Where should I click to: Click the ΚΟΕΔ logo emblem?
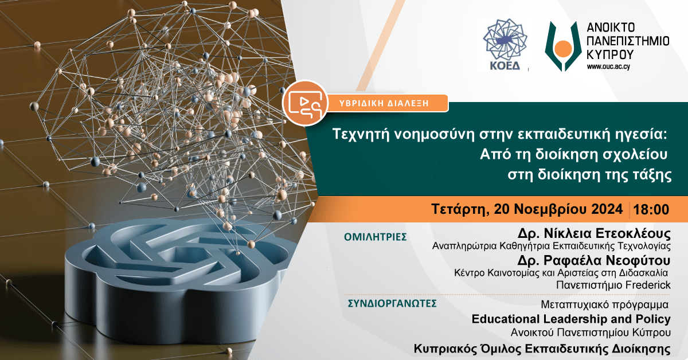tap(505, 40)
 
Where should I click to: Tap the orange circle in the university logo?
tap(563, 49)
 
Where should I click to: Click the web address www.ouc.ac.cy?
tap(608, 66)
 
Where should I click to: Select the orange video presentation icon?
tap(305, 103)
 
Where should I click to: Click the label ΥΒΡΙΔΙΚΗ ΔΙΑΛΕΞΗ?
tap(384, 103)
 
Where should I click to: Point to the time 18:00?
tap(651, 209)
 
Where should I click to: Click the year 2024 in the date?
tap(607, 209)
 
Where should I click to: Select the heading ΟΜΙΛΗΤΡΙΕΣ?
tap(376, 237)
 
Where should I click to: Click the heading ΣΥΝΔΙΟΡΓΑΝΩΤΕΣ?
tap(392, 303)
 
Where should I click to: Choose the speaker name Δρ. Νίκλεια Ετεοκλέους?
tap(594, 233)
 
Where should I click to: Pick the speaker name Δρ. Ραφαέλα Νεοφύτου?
tap(594, 260)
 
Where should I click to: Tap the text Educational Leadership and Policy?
tap(571, 319)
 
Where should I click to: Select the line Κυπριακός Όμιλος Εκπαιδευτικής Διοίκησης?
tap(542, 349)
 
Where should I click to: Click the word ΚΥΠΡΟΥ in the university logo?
tap(610, 54)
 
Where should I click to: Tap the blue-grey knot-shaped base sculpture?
tap(181, 276)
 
